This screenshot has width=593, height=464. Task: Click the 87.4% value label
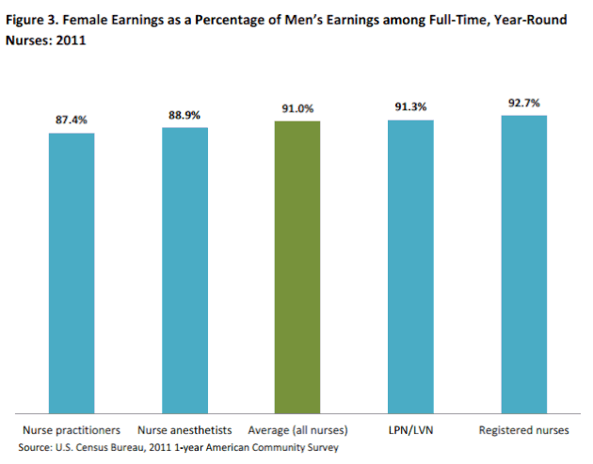click(x=72, y=121)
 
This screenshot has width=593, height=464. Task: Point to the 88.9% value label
click(x=184, y=115)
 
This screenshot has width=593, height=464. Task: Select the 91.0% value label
click(x=297, y=108)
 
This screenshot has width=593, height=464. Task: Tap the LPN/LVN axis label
click(x=410, y=430)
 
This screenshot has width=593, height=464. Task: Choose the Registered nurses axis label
click(x=523, y=430)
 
